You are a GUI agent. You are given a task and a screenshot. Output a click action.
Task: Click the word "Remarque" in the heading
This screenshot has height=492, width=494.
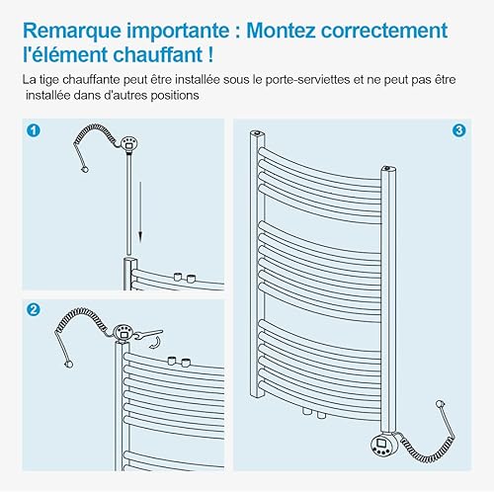pyautogui.click(x=72, y=32)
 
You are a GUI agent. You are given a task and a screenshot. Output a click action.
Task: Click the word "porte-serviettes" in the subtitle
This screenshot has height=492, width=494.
pyautogui.click(x=307, y=80)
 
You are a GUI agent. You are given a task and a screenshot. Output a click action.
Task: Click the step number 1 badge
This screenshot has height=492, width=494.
pyautogui.click(x=34, y=130)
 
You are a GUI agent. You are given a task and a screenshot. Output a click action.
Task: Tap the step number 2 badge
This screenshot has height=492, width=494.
pyautogui.click(x=34, y=310)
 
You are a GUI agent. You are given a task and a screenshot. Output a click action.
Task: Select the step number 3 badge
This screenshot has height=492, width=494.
pyautogui.click(x=458, y=130)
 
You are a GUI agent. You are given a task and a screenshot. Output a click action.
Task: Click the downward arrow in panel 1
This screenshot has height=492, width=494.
pyautogui.click(x=140, y=212)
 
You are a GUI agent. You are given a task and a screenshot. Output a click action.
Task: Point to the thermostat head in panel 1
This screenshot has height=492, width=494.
pyautogui.click(x=128, y=144)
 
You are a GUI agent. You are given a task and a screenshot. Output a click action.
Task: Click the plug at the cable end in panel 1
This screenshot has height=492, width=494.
pyautogui.click(x=85, y=169)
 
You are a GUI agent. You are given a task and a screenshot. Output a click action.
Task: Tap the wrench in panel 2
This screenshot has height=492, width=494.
pyautogui.click(x=148, y=334)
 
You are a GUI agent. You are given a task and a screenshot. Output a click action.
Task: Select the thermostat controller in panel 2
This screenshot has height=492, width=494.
pyautogui.click(x=123, y=333)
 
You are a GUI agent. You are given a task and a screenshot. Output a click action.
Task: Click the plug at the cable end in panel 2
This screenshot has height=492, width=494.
pyautogui.click(x=69, y=364)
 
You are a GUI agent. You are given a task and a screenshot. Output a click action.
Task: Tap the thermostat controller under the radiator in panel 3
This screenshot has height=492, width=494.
pyautogui.click(x=383, y=445)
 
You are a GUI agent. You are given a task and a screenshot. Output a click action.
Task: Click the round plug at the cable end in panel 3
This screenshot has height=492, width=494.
pyautogui.click(x=440, y=404)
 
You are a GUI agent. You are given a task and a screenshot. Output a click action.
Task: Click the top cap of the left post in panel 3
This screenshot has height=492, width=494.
pyautogui.click(x=257, y=133)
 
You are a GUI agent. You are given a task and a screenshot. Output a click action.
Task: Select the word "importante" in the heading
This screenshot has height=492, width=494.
pyautogui.click(x=178, y=32)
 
